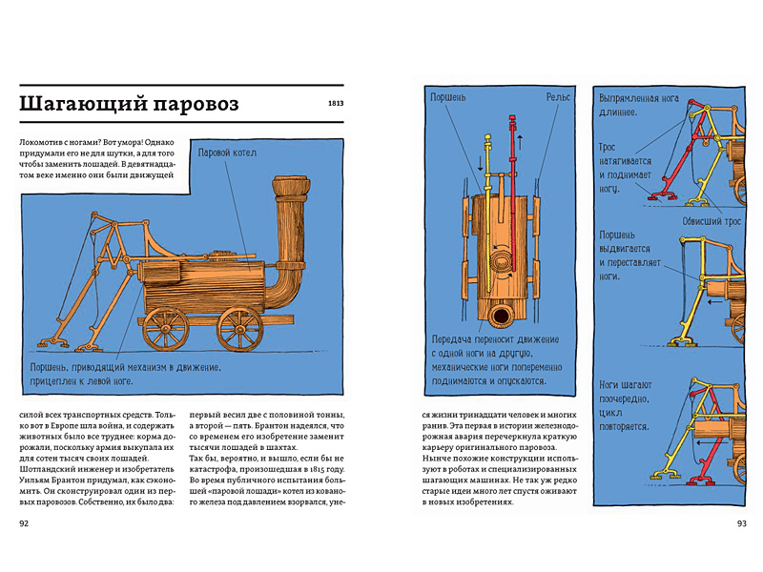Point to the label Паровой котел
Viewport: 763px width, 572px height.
pos(226,153)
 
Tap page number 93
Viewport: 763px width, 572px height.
pos(742,523)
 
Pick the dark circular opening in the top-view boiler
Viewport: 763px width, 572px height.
pos(501,316)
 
